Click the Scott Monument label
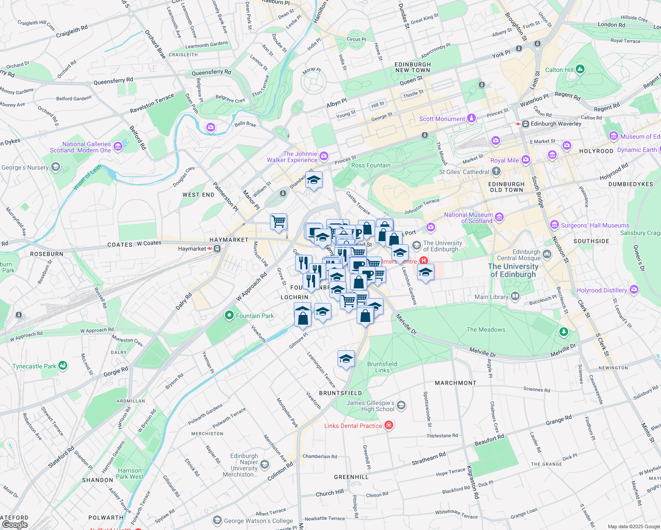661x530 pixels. pyautogui.click(x=442, y=119)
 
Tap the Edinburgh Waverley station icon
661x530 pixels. pyautogui.click(x=526, y=124)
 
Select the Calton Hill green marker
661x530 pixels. pyautogui.click(x=580, y=69)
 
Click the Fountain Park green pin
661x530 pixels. pyautogui.click(x=229, y=315)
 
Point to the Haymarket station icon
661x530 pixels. pyautogui.click(x=217, y=249)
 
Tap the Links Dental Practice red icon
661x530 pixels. pyautogui.click(x=389, y=425)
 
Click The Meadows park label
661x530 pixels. pyautogui.click(x=486, y=329)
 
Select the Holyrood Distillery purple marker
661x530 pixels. pyautogui.click(x=634, y=290)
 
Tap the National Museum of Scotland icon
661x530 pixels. pyautogui.click(x=499, y=217)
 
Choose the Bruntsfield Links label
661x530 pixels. pyautogui.click(x=382, y=367)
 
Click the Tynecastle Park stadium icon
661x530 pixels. pyautogui.click(x=63, y=366)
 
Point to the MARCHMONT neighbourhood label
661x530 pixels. pyautogui.click(x=456, y=383)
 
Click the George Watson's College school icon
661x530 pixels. pyautogui.click(x=217, y=521)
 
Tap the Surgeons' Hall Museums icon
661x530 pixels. pyautogui.click(x=554, y=225)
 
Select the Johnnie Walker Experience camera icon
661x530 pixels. pyautogui.click(x=324, y=156)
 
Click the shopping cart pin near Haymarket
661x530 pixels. pyautogui.click(x=278, y=221)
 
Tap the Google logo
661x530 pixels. pyautogui.click(x=15, y=524)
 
